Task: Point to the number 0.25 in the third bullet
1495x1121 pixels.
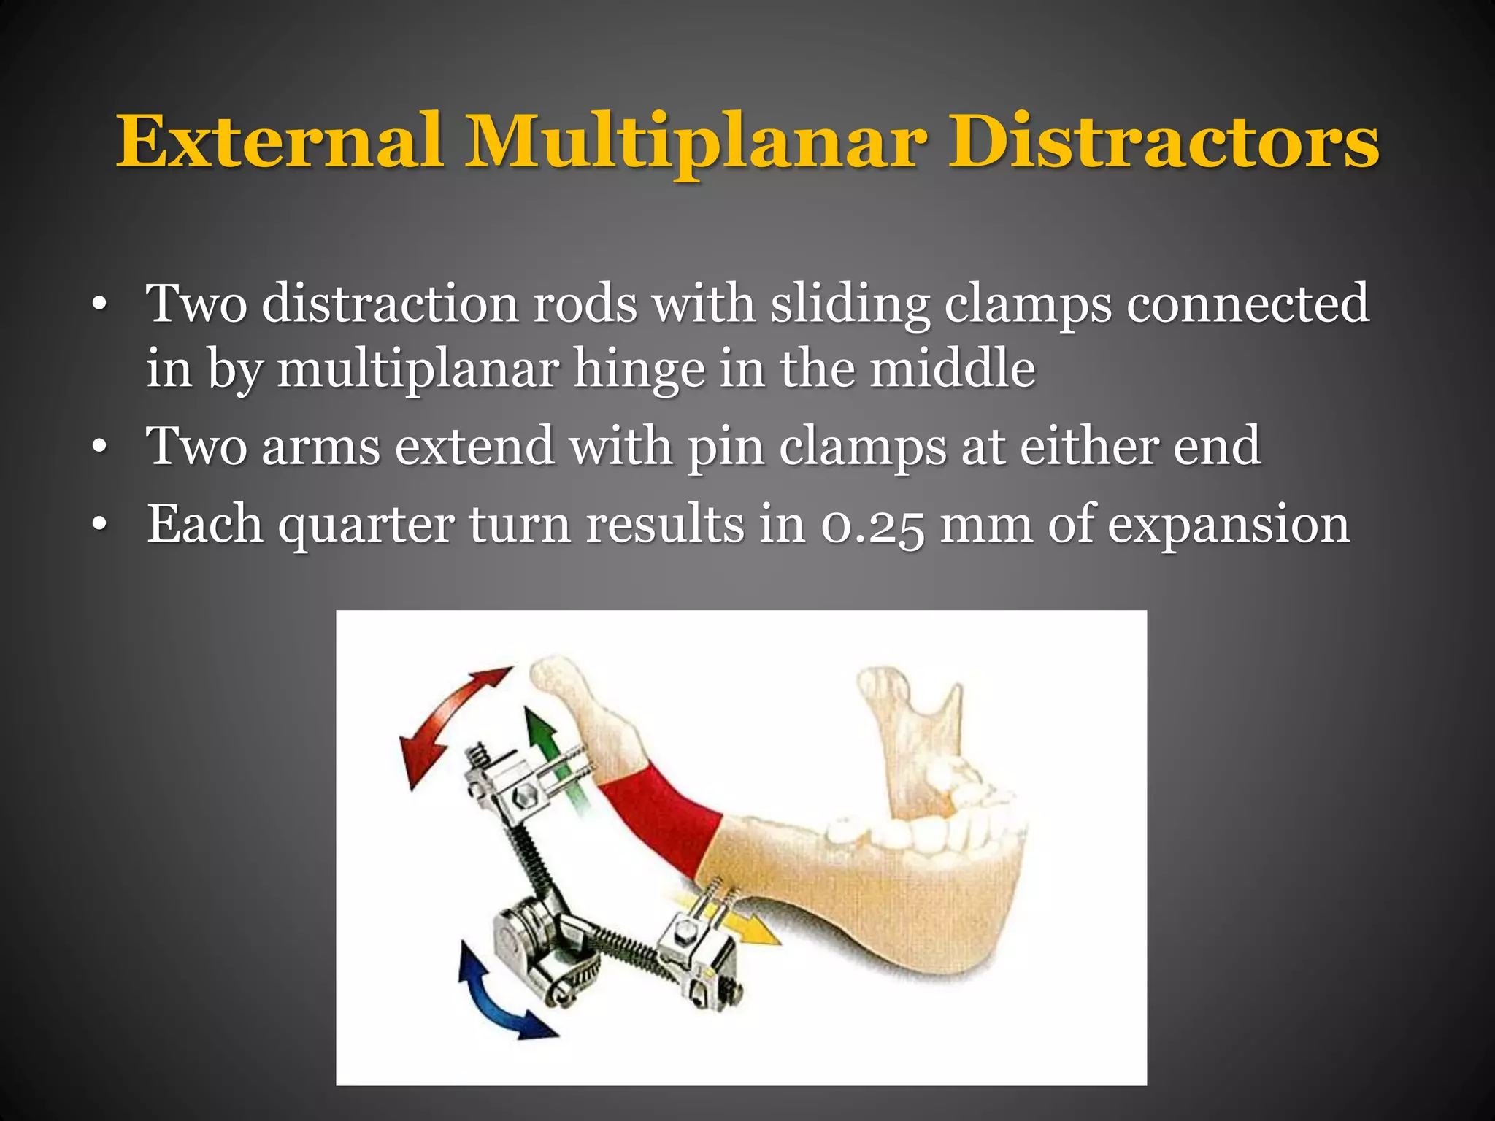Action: click(x=872, y=525)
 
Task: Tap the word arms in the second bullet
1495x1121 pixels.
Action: click(x=320, y=447)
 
